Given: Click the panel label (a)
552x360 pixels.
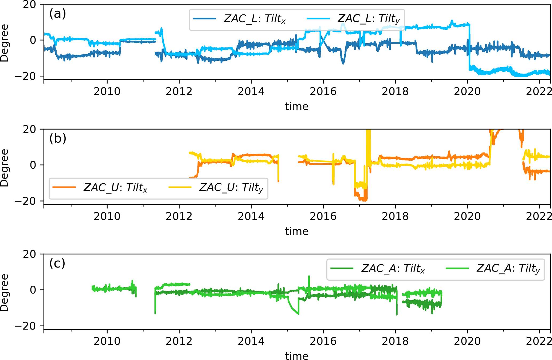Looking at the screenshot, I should [57, 13].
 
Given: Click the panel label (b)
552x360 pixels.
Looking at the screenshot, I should [57, 138].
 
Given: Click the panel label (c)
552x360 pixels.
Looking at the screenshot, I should [57, 263].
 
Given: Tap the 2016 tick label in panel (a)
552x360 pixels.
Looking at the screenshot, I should [323, 92].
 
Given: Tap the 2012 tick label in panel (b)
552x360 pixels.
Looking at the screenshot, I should [179, 216].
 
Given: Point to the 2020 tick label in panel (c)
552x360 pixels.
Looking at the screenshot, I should [467, 341].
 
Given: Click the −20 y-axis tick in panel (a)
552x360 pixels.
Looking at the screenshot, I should [25, 76].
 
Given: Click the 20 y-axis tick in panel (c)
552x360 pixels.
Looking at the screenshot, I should [29, 254].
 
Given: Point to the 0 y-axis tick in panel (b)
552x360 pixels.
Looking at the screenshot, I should [33, 165].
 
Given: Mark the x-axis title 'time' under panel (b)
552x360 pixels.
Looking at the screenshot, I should [297, 231].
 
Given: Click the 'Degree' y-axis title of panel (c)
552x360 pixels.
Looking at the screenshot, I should [5, 292].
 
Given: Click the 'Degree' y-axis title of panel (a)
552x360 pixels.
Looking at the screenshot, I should [5, 43].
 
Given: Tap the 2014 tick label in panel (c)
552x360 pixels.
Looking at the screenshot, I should [251, 341].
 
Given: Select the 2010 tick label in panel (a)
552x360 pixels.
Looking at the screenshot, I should [107, 92].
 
